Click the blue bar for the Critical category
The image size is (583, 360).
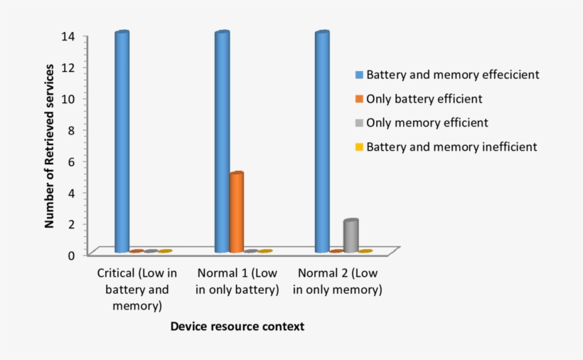[122, 142]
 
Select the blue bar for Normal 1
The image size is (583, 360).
[223, 142]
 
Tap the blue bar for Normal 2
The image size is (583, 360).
[322, 142]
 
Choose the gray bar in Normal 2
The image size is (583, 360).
[351, 235]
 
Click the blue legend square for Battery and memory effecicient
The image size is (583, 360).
[360, 74]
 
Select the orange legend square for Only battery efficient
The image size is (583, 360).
[360, 98]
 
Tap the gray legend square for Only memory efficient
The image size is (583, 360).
[360, 122]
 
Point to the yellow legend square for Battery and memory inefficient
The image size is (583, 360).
[360, 147]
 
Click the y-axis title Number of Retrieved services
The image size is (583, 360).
[49, 145]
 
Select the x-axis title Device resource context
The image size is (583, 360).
[237, 327]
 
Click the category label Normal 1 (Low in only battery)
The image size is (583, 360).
[237, 282]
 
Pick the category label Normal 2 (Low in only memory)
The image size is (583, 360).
[338, 282]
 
